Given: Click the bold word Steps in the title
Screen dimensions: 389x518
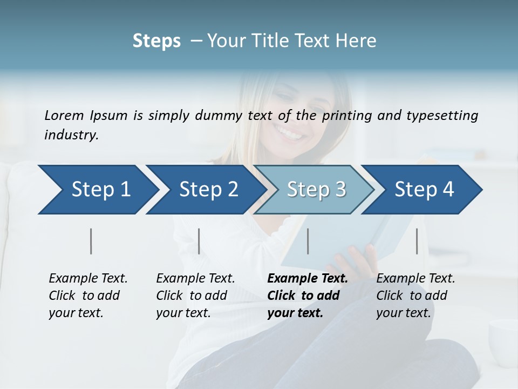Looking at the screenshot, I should tap(156, 41).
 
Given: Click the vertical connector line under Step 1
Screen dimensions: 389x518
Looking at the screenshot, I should tap(91, 241).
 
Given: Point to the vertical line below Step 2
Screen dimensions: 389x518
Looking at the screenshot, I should tap(199, 241).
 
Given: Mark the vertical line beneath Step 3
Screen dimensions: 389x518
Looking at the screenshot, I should tap(308, 241).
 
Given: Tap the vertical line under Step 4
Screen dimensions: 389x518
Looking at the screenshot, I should tap(417, 241).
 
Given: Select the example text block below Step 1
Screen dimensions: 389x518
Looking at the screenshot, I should tap(88, 296).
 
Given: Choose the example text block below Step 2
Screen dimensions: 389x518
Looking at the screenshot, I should tap(195, 296).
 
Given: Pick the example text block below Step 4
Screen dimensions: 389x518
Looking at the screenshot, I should tap(415, 296).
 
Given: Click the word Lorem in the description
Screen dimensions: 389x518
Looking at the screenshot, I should tap(64, 115).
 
